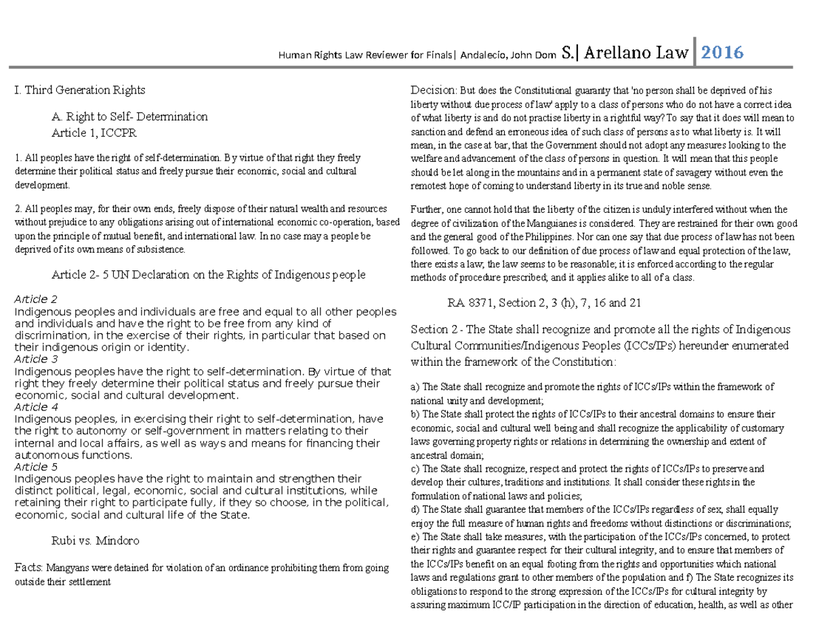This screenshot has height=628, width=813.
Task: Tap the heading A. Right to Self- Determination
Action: (x=129, y=117)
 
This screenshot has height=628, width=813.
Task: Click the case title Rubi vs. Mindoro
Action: (x=96, y=541)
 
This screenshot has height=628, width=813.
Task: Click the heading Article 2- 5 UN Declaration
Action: (x=209, y=274)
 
